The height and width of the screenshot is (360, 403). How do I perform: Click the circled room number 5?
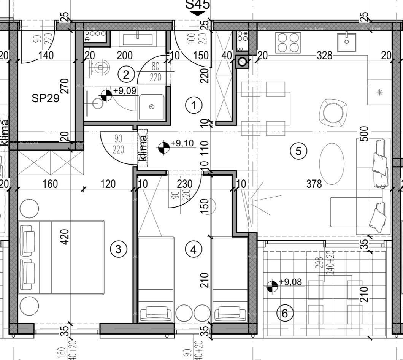coord(298,151)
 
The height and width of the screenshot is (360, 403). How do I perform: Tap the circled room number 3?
coord(118,249)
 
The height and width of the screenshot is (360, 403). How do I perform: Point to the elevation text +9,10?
coord(182,143)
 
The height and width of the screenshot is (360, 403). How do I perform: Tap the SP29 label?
coord(45,99)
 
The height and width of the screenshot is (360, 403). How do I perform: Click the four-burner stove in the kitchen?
coord(288,42)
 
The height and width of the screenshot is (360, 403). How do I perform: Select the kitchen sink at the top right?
coord(346,42)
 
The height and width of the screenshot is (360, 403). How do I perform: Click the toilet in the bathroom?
coord(100,68)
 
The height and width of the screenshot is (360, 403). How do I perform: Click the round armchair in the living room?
coord(333,112)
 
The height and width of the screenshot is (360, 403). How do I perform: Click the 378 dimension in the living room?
coord(314,184)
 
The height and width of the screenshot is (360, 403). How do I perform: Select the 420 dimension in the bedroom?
coord(65,236)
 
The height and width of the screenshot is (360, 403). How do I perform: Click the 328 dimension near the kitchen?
coord(324,56)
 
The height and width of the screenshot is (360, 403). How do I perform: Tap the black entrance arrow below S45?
coord(197,14)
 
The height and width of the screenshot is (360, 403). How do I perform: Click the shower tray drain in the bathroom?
coord(152,107)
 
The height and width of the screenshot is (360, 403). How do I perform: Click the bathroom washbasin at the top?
coord(137,39)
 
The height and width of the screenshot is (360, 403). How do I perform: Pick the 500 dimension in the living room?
coord(364,134)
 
